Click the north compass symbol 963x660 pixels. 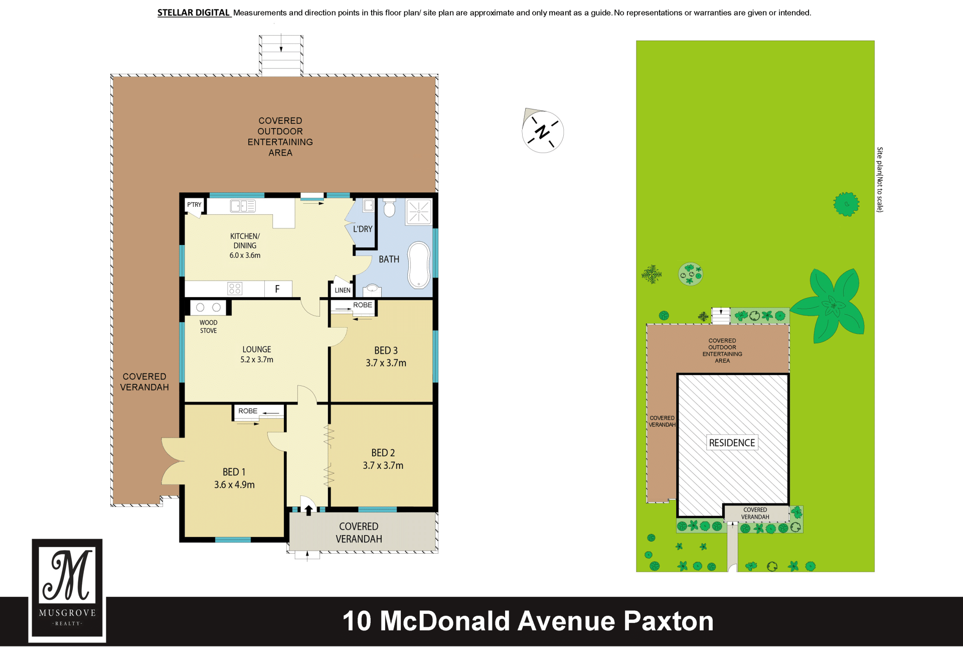point(543,131)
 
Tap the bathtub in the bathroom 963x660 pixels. point(419,265)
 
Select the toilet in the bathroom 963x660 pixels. point(389,207)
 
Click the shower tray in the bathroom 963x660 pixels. point(419,212)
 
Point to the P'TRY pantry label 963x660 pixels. point(194,205)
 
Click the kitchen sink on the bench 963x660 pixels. point(243,206)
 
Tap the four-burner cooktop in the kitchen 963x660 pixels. point(235,288)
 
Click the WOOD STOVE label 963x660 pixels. point(209,327)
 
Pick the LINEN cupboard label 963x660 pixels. point(343,290)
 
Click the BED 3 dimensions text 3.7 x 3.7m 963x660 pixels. point(386,363)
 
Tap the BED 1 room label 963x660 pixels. point(234,472)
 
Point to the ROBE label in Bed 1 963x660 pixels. point(248,411)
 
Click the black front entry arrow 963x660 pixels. point(308,510)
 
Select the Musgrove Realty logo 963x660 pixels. point(67,590)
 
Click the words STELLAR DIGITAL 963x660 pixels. point(194,13)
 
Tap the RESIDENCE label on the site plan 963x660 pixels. point(732,443)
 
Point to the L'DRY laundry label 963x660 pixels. point(363,229)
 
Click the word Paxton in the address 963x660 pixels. point(668,621)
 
